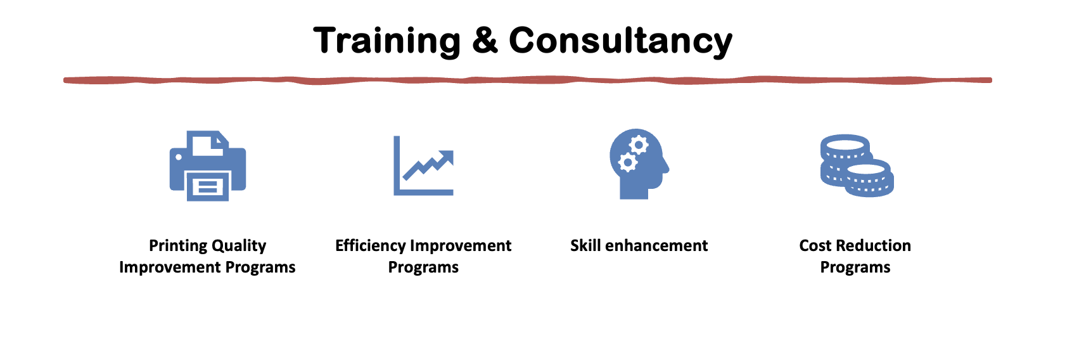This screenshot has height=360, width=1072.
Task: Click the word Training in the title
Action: coord(386,41)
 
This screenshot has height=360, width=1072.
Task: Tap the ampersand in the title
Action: coord(485,40)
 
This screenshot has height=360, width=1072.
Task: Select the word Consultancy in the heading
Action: coord(620,42)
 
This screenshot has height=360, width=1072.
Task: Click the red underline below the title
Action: coord(527,80)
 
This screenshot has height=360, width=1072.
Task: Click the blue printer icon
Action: coord(208,165)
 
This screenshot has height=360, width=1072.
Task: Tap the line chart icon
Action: coord(423,165)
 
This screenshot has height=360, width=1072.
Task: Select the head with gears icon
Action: coord(639,164)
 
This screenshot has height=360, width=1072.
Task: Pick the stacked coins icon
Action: coord(857,165)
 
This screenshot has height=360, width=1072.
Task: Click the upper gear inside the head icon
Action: coord(639,145)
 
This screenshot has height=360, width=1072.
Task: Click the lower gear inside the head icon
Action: coord(627,162)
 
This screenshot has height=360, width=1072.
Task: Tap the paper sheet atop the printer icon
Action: coord(208,144)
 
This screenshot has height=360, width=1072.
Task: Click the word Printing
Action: coord(177,246)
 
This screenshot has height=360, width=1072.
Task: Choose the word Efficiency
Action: coord(371,246)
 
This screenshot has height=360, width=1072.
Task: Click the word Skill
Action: coord(585,245)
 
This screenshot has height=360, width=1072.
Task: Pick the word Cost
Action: coord(816,245)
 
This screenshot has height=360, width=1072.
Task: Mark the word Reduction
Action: coord(874,245)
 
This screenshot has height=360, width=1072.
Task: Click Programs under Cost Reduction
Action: coord(855,267)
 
